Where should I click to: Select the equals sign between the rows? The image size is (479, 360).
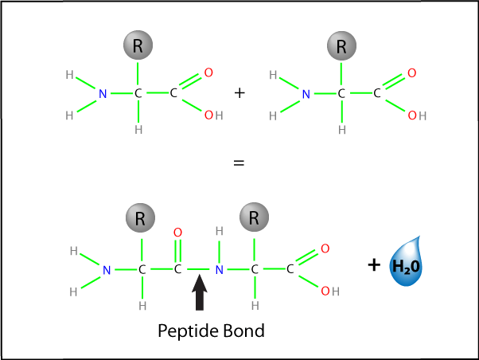coord(237,163)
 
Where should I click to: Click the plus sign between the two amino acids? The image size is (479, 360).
coord(240,93)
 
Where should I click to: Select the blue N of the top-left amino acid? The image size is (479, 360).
coord(102,94)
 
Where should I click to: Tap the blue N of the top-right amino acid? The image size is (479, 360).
coord(306,94)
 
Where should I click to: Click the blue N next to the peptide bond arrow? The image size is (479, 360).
coord(219,270)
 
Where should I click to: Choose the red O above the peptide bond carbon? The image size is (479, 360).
coord(177,233)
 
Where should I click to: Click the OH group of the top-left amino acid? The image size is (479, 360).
coord(213,115)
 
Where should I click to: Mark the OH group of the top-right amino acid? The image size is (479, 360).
coord(417,115)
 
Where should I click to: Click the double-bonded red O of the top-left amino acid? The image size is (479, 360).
coord(208,73)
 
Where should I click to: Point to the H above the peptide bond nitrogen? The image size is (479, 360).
coord(219,233)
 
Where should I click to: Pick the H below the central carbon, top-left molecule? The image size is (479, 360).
coord(138,130)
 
